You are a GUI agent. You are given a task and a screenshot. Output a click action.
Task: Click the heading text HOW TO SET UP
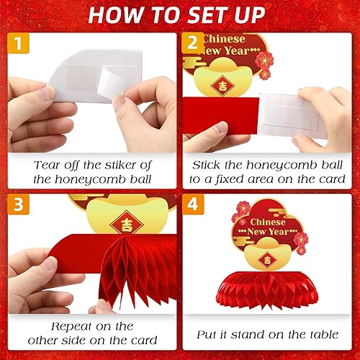180,15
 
